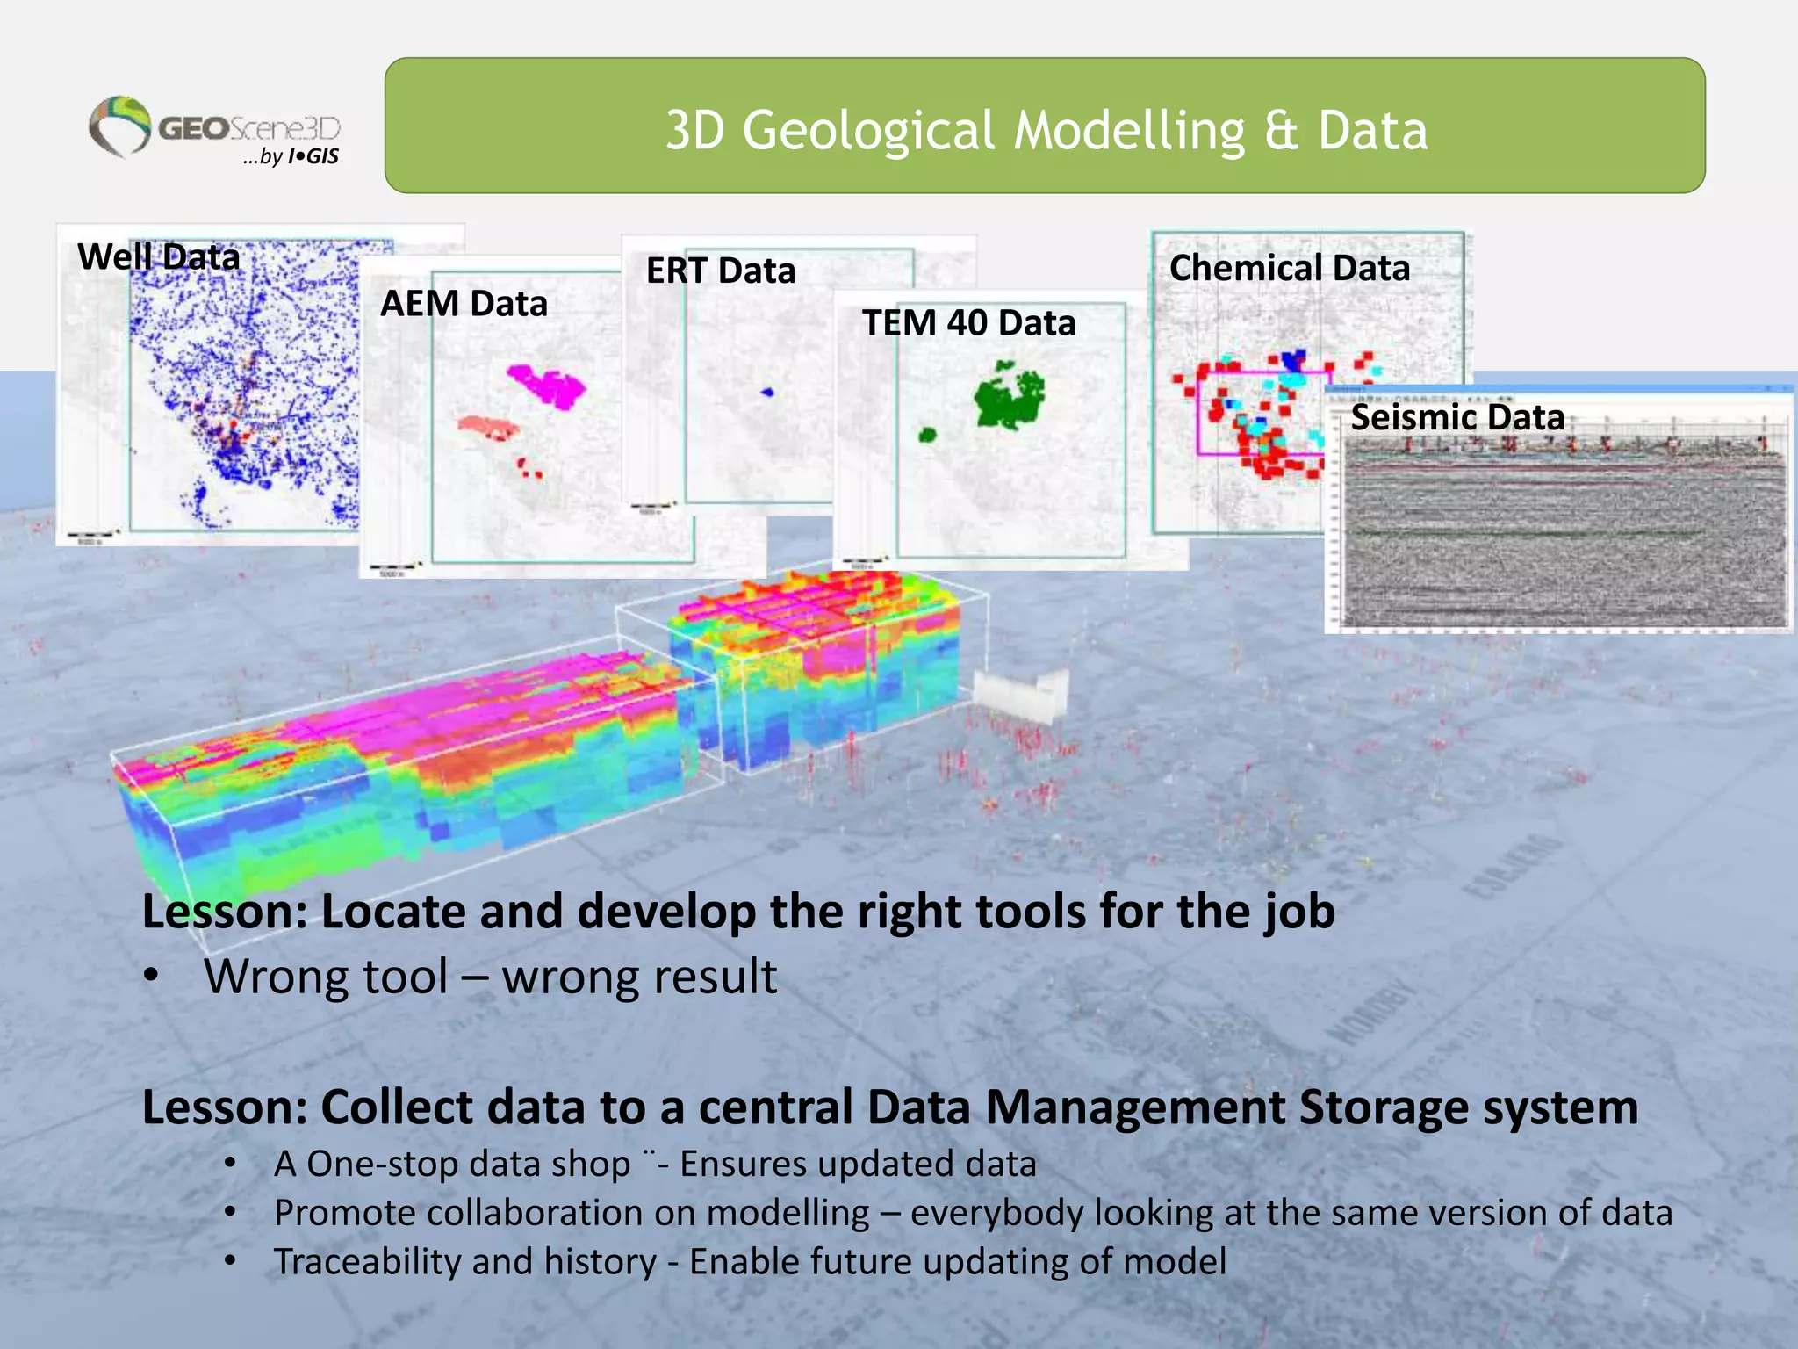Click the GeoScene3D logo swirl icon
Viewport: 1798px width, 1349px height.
(x=120, y=126)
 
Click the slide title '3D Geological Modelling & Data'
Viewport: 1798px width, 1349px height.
(x=1045, y=130)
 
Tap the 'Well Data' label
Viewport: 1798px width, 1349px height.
(x=158, y=257)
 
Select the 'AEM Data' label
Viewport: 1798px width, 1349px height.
(x=464, y=304)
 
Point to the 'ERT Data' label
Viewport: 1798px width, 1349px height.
(x=721, y=271)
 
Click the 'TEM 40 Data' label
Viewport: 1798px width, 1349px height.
(x=968, y=323)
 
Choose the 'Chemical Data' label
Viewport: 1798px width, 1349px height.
(x=1289, y=268)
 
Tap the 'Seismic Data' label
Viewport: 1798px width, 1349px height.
(x=1457, y=417)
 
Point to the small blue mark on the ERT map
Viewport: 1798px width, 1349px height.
(x=767, y=393)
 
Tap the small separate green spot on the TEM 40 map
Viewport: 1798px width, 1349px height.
(x=927, y=435)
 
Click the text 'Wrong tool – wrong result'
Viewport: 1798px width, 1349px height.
(x=490, y=977)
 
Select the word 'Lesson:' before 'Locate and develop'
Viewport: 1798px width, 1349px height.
(x=225, y=912)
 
